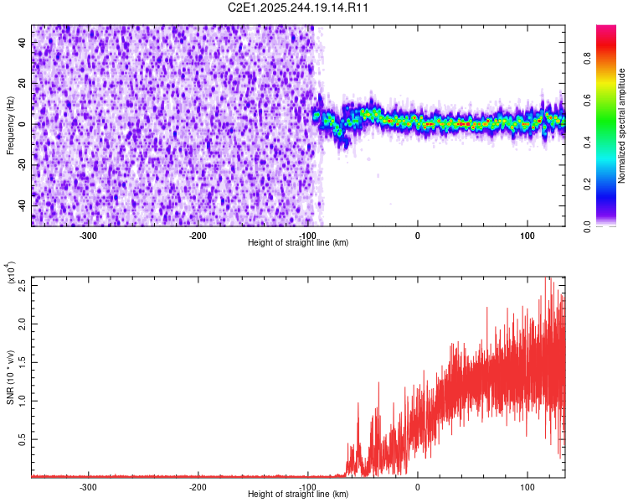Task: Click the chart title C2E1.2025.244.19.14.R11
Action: click(x=299, y=8)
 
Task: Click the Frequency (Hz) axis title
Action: click(x=10, y=124)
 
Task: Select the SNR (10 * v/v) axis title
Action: click(x=10, y=376)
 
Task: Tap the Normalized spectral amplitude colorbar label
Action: click(x=622, y=125)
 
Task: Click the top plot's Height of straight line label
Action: click(x=298, y=242)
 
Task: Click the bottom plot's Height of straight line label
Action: click(x=298, y=494)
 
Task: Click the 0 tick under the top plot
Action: click(x=418, y=235)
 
